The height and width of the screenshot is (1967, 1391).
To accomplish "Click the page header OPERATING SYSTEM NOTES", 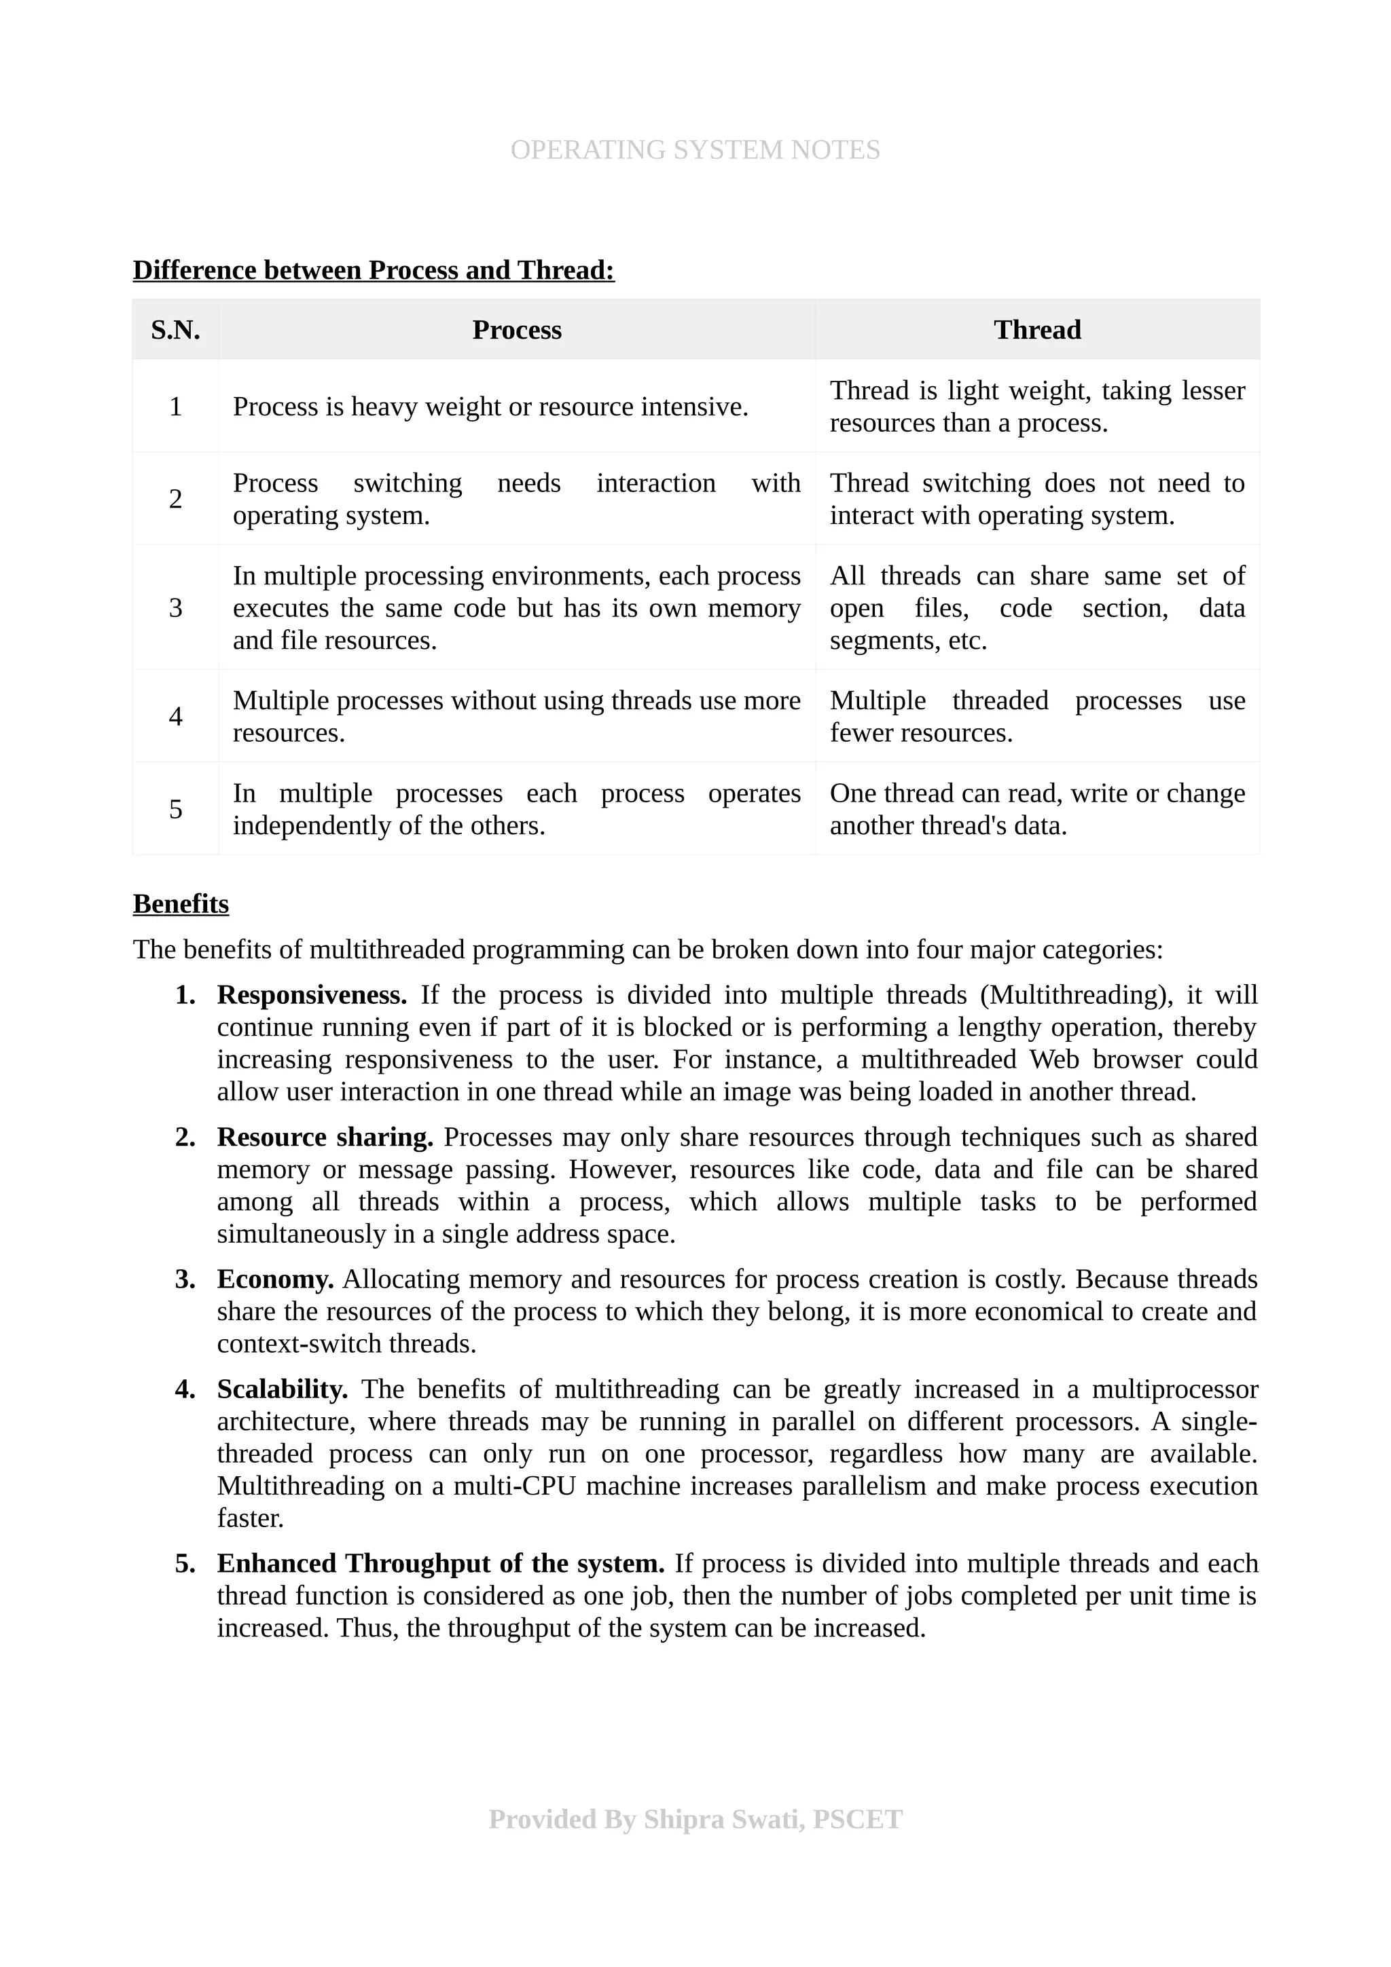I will point(695,150).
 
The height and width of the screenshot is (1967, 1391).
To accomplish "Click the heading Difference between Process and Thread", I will point(374,271).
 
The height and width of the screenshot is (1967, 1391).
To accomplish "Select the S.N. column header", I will point(176,330).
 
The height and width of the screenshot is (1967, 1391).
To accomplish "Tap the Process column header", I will point(517,330).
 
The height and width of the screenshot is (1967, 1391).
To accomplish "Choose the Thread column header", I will point(1037,330).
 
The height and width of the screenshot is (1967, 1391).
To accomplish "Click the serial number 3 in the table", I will point(176,607).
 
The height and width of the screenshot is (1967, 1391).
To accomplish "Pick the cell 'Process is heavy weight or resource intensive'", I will point(490,407).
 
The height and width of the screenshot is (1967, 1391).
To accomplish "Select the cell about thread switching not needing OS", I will point(1037,500).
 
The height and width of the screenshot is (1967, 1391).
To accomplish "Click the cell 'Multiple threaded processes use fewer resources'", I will point(1037,716).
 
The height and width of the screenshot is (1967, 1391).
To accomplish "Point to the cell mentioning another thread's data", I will point(1037,810).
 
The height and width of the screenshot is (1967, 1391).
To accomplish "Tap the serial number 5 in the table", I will point(176,810).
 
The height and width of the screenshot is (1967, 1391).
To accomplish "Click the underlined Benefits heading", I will point(181,905).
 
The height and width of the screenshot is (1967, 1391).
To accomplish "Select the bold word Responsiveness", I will point(312,996).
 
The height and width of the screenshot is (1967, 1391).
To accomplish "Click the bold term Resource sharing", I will point(325,1138).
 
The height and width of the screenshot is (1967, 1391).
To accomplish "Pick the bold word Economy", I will point(275,1280).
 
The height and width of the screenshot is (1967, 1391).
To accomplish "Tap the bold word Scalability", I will point(282,1389).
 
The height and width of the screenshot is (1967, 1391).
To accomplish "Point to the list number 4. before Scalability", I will point(185,1389).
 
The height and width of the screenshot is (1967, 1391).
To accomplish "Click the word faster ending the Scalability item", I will point(250,1519).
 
